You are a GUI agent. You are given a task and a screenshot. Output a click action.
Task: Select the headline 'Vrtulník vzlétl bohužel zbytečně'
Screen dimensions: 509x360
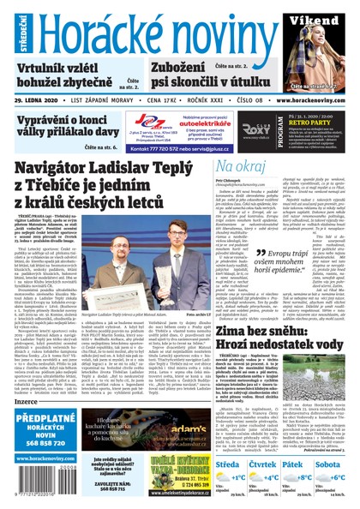(x=61, y=75)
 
